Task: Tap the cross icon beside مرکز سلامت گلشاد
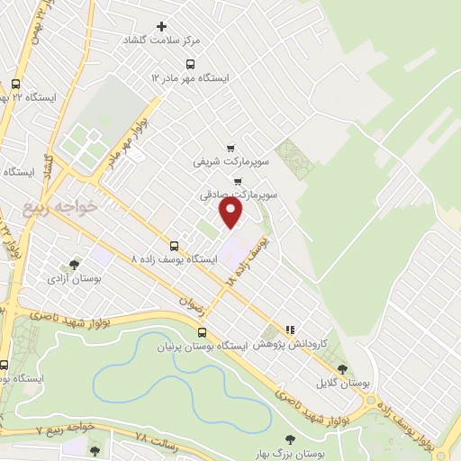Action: pos(162,26)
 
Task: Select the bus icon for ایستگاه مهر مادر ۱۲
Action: pos(190,64)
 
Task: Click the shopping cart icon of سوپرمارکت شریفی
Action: pos(230,149)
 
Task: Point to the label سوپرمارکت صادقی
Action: pos(239,194)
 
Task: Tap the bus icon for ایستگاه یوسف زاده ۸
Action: pos(174,245)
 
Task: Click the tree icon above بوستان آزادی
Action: pos(74,265)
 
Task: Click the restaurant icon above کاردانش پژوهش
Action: pos(290,330)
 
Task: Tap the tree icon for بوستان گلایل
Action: pos(341,368)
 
